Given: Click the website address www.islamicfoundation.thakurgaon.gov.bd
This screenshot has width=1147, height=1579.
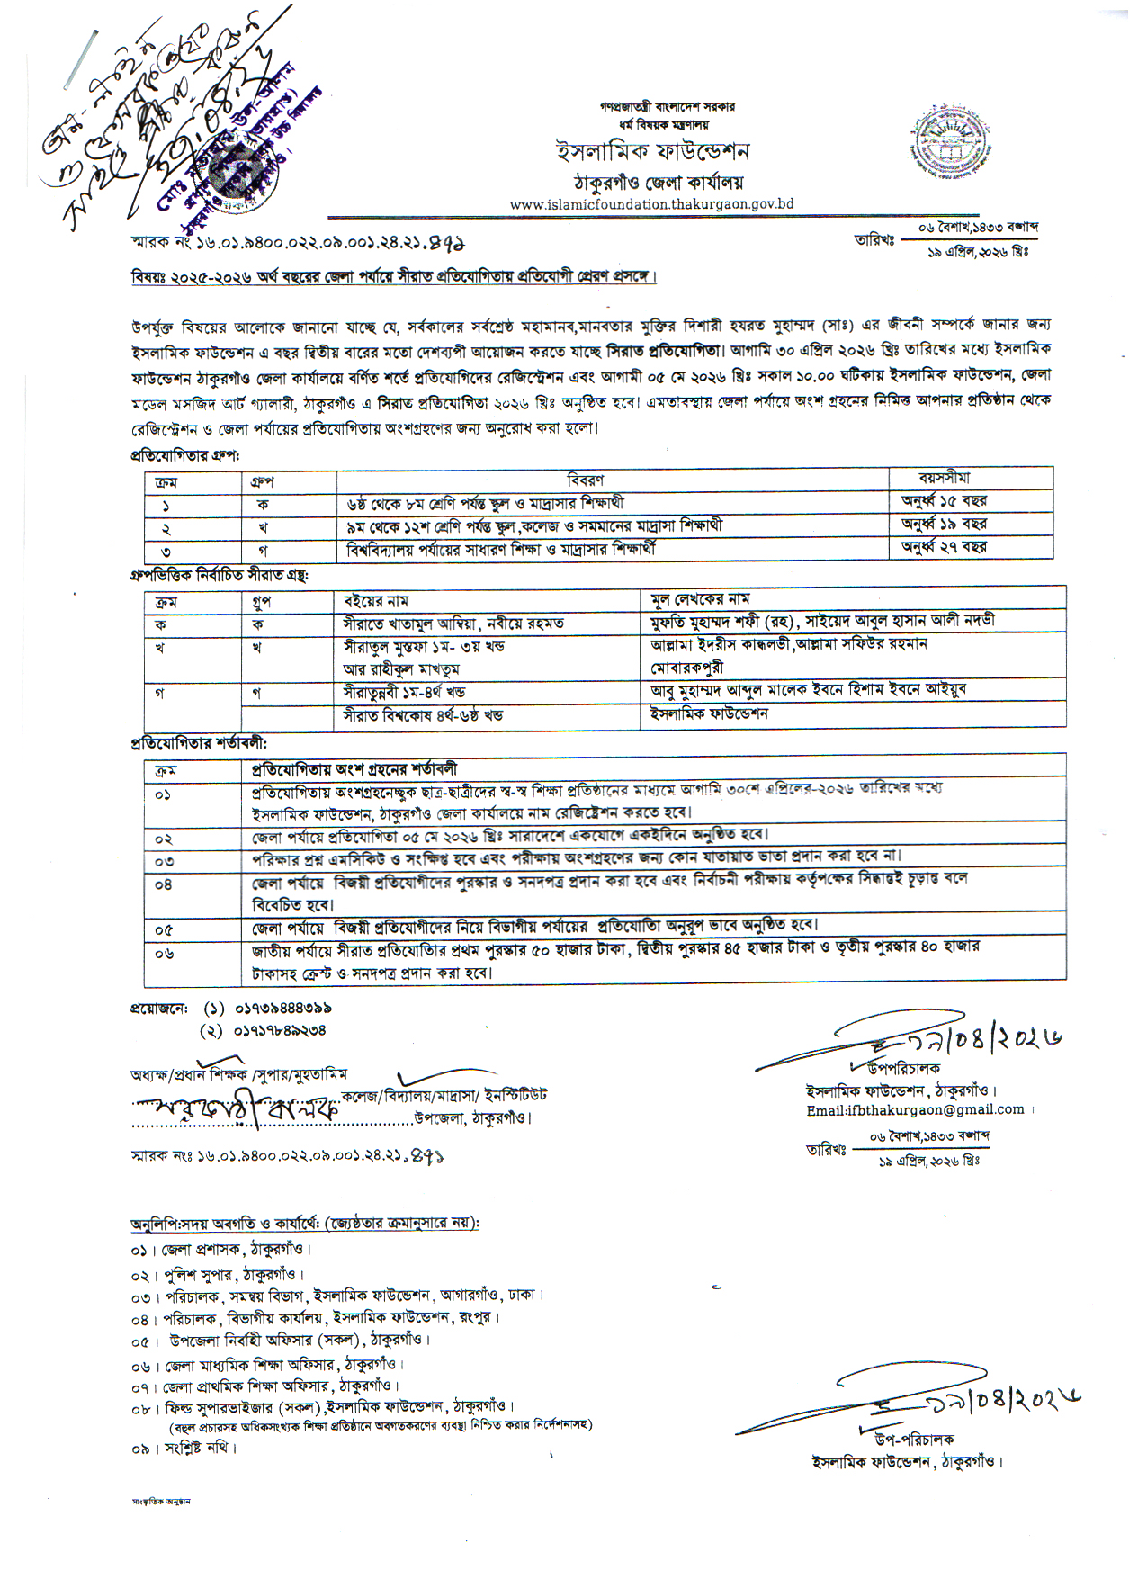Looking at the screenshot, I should point(651,204).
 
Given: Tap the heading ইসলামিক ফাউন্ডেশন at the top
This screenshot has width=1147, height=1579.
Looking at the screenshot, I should point(652,151).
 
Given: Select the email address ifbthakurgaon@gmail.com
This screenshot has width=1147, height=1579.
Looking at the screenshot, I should point(915,1109).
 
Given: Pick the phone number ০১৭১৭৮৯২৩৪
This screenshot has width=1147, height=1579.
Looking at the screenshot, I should point(280,1030).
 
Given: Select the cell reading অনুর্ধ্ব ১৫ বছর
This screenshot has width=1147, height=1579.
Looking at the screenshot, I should point(945,501).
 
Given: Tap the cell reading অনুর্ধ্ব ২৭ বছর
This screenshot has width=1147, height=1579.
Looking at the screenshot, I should point(945,546).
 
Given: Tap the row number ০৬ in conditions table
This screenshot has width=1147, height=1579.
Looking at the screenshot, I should point(164,954).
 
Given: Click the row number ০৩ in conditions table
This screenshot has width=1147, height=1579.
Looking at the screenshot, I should point(164,861).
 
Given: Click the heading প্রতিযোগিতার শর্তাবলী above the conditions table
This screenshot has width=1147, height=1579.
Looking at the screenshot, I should point(199,744).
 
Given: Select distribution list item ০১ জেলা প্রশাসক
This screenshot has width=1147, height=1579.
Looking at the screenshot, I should point(221,1250).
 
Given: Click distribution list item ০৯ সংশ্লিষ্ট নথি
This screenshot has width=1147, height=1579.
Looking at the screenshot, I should point(184,1448).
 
